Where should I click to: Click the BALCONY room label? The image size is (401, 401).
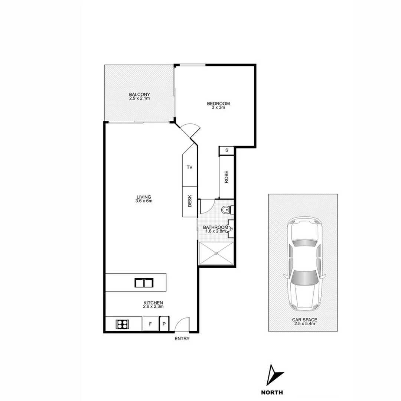[x=139, y=94]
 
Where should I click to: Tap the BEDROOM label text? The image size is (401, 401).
[x=218, y=104]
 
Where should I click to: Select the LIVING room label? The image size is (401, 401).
[x=144, y=197]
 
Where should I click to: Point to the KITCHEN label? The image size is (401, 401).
[x=153, y=303]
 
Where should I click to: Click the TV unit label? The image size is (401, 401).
[x=189, y=167]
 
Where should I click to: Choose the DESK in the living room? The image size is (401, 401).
[x=190, y=202]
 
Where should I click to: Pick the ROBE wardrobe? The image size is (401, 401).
[x=226, y=177]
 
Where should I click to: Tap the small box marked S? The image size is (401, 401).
[x=226, y=150]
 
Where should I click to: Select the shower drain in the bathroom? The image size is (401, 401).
[x=216, y=253]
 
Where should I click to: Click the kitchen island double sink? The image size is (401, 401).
[x=144, y=283]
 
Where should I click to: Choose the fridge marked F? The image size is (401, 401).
[x=150, y=324]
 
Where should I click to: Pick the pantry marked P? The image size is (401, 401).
[x=164, y=324]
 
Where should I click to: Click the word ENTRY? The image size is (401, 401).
[x=182, y=339]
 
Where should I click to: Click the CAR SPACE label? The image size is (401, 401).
[x=304, y=320]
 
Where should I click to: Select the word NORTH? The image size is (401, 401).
[x=272, y=392]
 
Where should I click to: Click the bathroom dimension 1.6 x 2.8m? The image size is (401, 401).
[x=216, y=231]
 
